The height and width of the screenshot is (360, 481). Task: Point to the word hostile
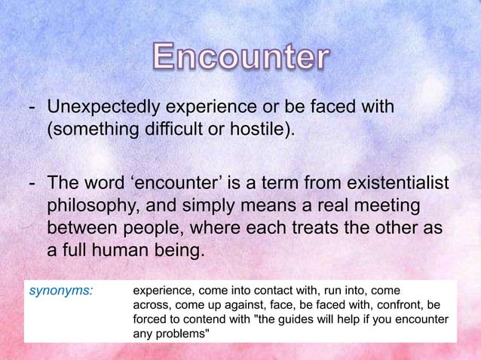pos(261,136)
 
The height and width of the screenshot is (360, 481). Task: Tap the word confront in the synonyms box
pos(391,306)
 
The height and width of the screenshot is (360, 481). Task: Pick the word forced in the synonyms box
pos(149,321)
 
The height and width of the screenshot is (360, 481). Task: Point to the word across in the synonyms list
pos(151,306)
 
